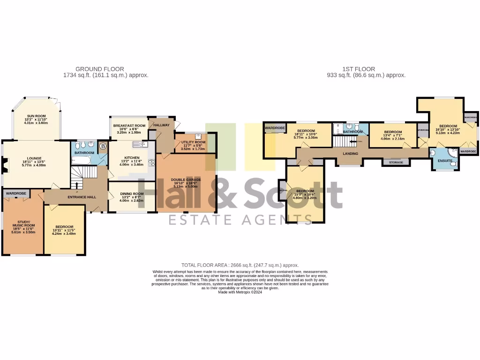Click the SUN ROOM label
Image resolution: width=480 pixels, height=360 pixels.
click(37, 116)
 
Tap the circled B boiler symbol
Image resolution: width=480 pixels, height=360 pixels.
click(103, 146)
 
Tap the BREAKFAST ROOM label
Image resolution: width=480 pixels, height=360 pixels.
click(129, 126)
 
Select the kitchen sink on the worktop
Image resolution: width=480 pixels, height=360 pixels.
click(143, 144)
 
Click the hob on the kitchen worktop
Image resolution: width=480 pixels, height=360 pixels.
click(151, 163)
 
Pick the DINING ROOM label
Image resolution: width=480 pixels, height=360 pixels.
click(132, 194)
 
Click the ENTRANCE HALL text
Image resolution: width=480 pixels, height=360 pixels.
click(82, 197)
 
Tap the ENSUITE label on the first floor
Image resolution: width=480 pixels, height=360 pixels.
click(444, 161)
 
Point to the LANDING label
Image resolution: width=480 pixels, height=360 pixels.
click(351, 154)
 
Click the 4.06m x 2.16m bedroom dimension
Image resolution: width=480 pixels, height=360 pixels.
click(393, 139)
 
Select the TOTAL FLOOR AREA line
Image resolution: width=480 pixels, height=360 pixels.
click(240, 265)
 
